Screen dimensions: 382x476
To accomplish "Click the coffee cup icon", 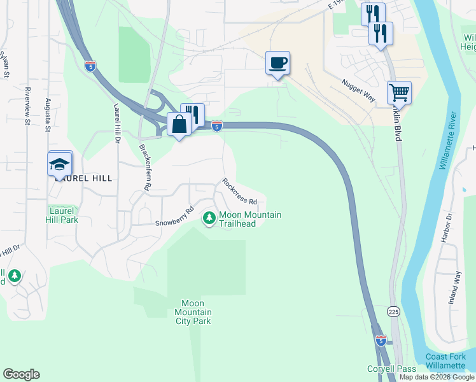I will (x=277, y=63).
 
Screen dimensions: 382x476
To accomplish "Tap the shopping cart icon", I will (x=399, y=92).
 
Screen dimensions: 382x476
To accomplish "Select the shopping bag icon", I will (x=179, y=124).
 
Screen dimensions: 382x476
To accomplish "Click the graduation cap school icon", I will (x=59, y=164).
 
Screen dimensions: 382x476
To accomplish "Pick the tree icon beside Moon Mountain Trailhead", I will (x=209, y=218).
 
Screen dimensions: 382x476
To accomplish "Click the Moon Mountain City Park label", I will (x=193, y=312).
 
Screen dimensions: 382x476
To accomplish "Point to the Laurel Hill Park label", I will (x=62, y=215).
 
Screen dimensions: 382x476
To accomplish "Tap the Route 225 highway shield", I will (x=393, y=311).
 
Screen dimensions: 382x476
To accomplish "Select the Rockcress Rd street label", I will (x=239, y=192).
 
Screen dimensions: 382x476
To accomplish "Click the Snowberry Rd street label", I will (x=174, y=216).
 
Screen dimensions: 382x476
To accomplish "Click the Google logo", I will (x=21, y=374).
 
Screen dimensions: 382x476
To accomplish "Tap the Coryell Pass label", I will (x=391, y=369).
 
